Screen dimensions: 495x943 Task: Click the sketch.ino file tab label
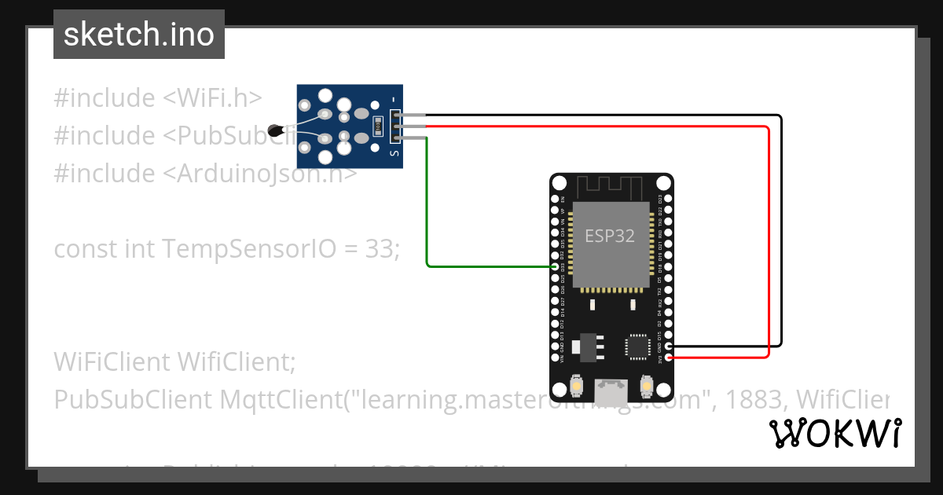[x=138, y=35]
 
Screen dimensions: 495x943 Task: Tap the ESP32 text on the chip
[x=610, y=236]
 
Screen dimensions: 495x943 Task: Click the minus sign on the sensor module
[x=394, y=99]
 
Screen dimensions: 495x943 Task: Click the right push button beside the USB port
[x=647, y=387]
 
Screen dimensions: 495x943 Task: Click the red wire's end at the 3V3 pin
[x=669, y=358]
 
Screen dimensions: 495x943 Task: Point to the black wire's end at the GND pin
[x=669, y=346]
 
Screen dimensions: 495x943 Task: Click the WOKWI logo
[x=835, y=433]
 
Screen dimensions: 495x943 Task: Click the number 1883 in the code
[x=752, y=399]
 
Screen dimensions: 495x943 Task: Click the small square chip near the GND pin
[x=636, y=346]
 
